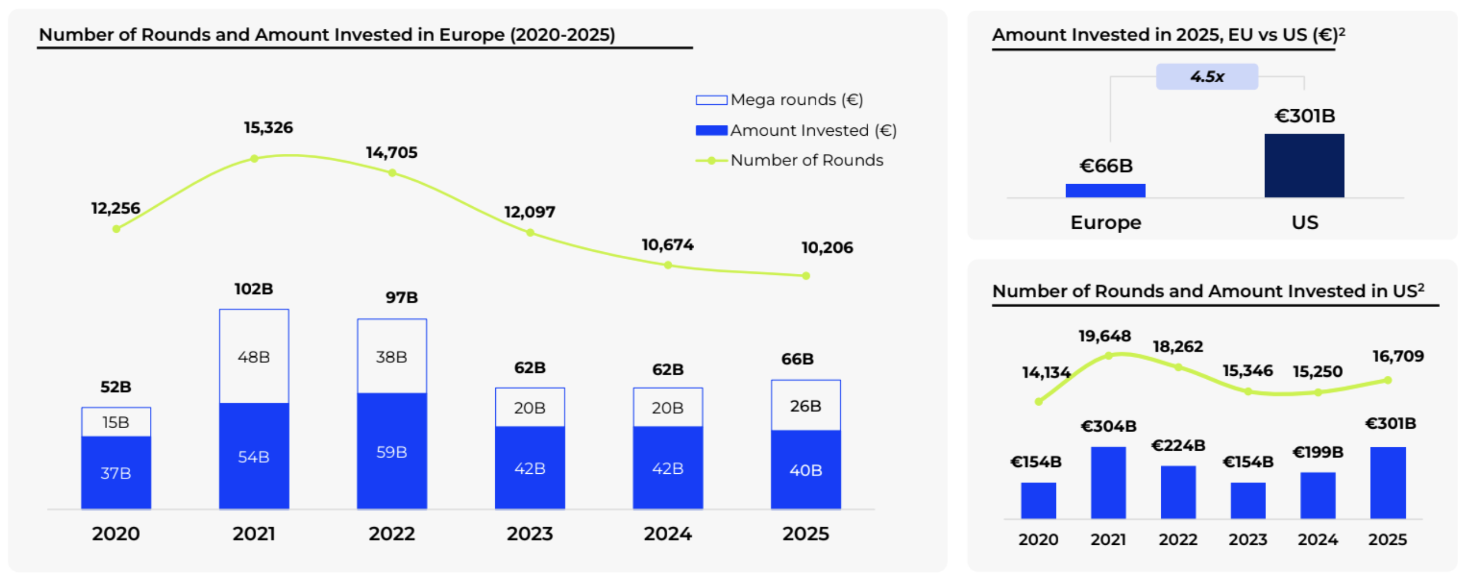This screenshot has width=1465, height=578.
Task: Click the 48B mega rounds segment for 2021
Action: click(x=254, y=357)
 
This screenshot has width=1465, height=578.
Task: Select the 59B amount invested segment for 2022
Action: click(x=392, y=451)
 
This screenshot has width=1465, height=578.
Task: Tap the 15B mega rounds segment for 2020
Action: click(x=116, y=422)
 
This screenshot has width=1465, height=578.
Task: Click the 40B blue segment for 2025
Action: click(x=805, y=469)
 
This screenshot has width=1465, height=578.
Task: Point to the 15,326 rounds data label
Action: click(x=268, y=127)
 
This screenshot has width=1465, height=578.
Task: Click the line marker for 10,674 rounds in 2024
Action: click(x=668, y=265)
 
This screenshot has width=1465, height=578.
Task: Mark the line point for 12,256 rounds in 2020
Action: click(x=116, y=229)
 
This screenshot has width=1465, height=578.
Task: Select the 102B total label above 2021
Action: click(x=254, y=288)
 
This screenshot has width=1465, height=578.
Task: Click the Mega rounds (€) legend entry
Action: click(x=780, y=100)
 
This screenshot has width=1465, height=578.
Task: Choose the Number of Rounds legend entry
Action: click(x=790, y=160)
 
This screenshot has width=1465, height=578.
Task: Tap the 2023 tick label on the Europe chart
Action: click(x=530, y=533)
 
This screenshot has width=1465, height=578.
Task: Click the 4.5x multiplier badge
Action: click(x=1207, y=77)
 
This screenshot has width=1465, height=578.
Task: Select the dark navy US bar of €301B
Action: click(x=1304, y=166)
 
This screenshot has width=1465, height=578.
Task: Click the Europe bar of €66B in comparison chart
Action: click(x=1105, y=190)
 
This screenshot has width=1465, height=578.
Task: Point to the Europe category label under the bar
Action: click(x=1106, y=222)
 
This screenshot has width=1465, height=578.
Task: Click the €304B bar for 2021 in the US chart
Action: click(x=1108, y=483)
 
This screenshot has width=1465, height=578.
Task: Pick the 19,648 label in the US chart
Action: click(x=1104, y=336)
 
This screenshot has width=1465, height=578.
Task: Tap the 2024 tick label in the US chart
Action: click(x=1317, y=539)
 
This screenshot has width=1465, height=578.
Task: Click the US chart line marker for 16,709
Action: click(x=1388, y=380)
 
